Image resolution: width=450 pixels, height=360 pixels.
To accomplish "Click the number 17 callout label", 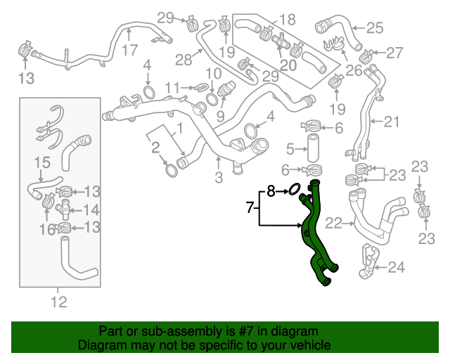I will coord(129,51).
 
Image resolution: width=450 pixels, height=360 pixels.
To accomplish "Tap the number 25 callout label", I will coord(374,28).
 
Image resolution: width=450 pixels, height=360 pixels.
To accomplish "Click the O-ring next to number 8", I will coord(295,189).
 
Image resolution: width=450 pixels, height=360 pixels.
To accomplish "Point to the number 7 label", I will coord(249,207).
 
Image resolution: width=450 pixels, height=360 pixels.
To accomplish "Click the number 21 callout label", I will coord(391,121).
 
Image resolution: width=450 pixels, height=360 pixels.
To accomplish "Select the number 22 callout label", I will coord(334,224).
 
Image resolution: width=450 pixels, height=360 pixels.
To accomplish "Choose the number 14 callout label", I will coord(91,210).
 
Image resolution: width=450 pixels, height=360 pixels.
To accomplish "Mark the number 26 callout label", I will coord(353,70).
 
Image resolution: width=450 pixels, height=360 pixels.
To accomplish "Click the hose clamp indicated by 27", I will coord(366,55).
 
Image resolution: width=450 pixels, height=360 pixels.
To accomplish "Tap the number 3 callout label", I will coord(218,177).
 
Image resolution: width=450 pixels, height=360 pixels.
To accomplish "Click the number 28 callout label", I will coord(184,60).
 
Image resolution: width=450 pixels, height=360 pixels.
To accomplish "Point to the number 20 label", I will coord(288,65).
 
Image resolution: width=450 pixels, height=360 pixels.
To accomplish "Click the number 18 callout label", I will coord(287,19).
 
